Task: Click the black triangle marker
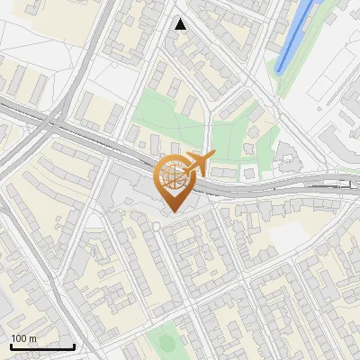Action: pos(181,24)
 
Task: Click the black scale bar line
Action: pos(41,346)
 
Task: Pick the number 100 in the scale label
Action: pos(20,338)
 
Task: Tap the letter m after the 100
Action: pos(33,338)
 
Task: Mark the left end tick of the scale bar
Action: pos(10,345)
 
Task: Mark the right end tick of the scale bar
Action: pos(74,345)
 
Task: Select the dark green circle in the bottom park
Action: pos(165,342)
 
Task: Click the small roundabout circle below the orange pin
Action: pos(156,227)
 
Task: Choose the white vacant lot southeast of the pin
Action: pos(289,236)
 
